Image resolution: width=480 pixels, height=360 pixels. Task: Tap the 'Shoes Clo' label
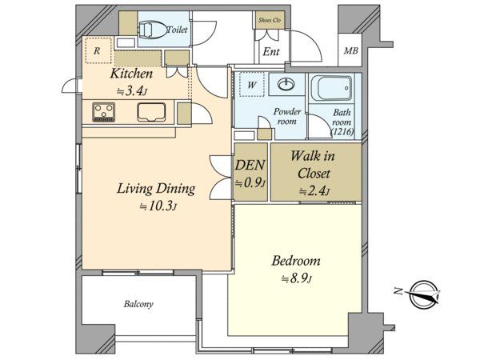coord(270,20)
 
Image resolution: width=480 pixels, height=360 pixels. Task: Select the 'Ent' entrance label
coord(271,51)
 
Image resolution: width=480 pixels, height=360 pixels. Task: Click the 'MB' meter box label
coord(350,50)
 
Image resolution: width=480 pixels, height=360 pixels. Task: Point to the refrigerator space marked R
coord(98,50)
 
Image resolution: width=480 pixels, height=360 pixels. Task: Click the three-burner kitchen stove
coord(104,112)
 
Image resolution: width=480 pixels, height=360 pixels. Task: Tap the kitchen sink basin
coord(151,112)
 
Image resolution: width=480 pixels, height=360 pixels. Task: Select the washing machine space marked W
coord(252,85)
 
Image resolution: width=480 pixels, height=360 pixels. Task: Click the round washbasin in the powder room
coord(286,83)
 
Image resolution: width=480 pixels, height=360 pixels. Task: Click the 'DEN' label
coord(250,165)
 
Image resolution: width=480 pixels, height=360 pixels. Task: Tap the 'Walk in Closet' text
coord(314,165)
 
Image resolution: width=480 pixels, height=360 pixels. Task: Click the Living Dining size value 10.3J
coord(158,206)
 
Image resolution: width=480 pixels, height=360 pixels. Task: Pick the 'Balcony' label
coord(138,304)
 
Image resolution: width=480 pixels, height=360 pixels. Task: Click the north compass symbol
coord(424,294)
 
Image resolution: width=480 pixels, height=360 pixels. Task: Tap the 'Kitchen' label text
coord(131,74)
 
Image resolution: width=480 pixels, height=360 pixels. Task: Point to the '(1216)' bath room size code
coord(342,132)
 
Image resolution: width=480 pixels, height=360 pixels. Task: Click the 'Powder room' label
coord(287,116)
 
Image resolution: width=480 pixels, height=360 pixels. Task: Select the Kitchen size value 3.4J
coord(133,91)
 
